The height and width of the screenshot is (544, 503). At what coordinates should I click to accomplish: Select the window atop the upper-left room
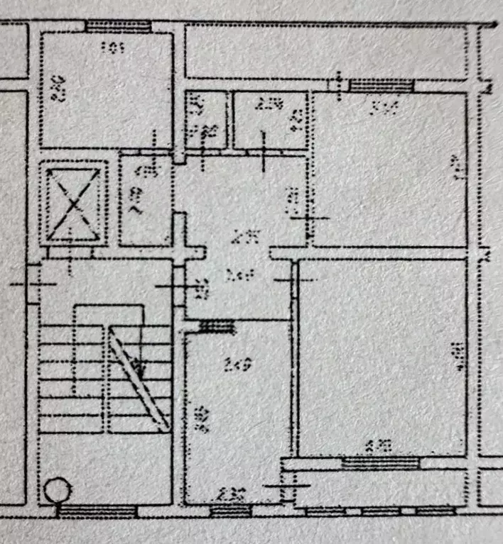pos(118,26)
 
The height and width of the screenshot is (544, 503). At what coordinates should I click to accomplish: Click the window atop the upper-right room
pos(382,86)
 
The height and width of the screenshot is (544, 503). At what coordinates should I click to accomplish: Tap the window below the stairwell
pos(97,510)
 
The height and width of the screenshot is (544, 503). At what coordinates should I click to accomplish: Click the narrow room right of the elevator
pos(144,201)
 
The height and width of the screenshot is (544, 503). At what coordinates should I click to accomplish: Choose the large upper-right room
pos(389,170)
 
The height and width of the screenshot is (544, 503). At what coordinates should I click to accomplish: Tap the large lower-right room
pos(382,358)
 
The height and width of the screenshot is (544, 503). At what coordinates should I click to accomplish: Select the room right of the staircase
pos(237,411)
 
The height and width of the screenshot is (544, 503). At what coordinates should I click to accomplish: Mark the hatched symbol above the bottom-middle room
pos(217,326)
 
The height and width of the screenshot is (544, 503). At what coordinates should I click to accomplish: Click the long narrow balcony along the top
pos(327,51)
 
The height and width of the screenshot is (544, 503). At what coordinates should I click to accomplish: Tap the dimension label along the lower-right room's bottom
pos(378,446)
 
